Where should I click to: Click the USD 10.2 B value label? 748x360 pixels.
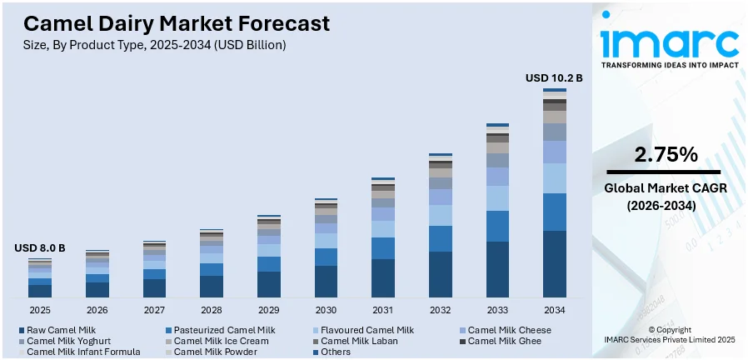coord(554,77)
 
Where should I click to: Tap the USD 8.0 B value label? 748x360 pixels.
coord(39,248)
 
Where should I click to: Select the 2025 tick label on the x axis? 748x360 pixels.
coord(40,310)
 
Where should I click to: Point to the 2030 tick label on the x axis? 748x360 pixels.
coord(326,310)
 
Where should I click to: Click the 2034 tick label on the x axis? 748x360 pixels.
coord(555,310)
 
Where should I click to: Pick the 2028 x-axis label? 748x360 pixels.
coord(212,310)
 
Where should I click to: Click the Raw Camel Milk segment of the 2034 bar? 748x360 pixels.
coord(555,264)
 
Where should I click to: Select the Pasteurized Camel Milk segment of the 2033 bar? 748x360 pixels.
coord(497,226)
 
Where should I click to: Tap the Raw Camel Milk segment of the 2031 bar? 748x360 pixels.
coord(383,278)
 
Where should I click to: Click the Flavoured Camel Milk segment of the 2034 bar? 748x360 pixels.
coord(555,178)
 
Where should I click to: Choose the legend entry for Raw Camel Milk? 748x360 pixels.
coord(57,330)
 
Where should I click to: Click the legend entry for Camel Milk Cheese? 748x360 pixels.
coord(505,330)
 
